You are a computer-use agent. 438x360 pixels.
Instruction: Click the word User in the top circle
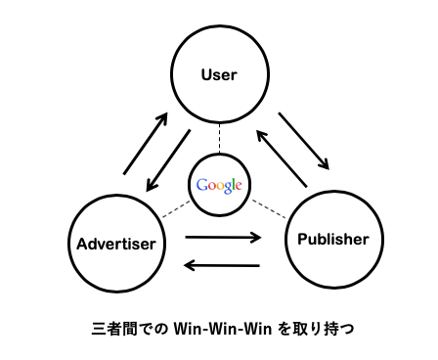pyautogui.click(x=219, y=73)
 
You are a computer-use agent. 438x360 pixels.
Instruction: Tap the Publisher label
pyautogui.click(x=333, y=239)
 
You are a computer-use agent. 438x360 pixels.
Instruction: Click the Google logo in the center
pyautogui.click(x=218, y=185)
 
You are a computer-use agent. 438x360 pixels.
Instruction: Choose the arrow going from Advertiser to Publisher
pyautogui.click(x=223, y=236)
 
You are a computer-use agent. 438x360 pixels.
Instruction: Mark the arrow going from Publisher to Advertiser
pyautogui.click(x=223, y=265)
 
